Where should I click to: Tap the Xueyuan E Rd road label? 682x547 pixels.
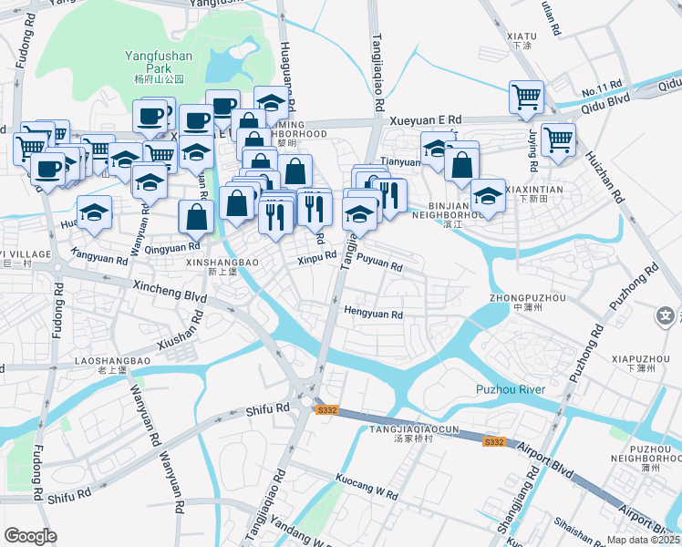pos(426,119)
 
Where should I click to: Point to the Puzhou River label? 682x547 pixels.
pos(510,390)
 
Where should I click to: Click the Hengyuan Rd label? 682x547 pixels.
pos(373,315)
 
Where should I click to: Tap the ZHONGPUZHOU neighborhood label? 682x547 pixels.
pos(527,298)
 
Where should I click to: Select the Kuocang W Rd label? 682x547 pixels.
pos(367,494)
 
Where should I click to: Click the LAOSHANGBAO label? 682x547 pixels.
pos(113,361)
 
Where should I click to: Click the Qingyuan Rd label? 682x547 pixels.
pos(172,246)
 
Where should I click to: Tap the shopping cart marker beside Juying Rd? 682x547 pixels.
pos(558,140)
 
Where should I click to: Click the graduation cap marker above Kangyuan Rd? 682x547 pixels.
pos(94,212)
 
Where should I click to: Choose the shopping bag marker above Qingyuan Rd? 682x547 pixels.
pos(196,217)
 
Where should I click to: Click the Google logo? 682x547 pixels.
pos(30,536)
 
